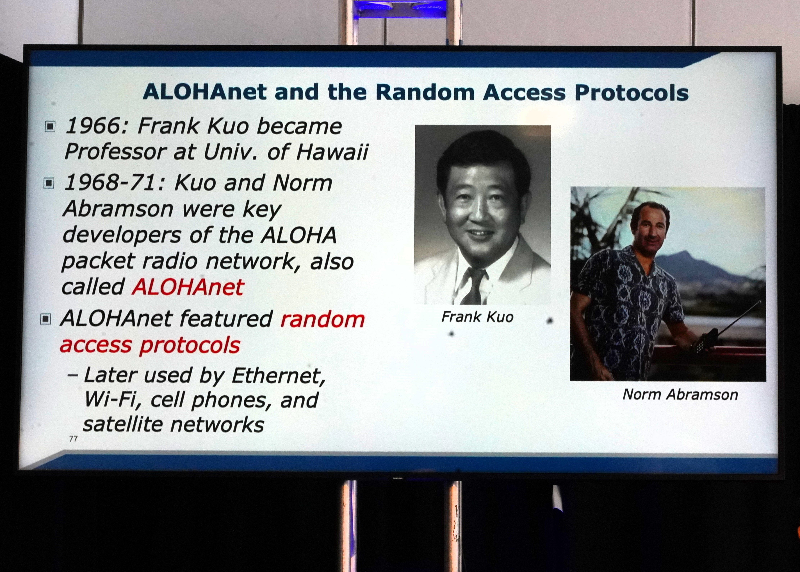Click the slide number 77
73,438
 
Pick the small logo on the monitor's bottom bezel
398,478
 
